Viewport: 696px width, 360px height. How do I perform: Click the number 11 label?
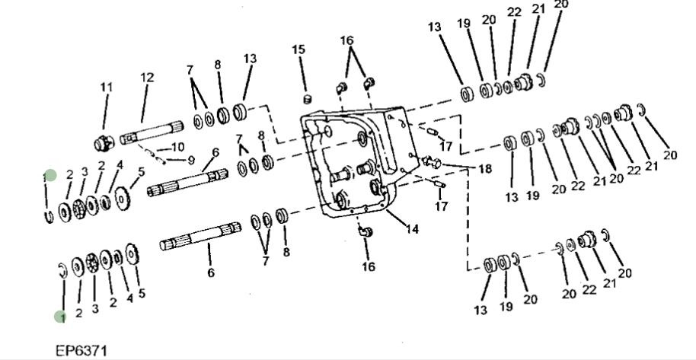106,87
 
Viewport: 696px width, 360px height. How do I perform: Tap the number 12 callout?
147,77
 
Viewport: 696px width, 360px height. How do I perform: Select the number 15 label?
299,49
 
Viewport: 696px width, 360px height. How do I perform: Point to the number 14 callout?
412,228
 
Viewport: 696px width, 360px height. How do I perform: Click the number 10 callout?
177,146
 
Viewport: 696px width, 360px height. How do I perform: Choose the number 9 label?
190,160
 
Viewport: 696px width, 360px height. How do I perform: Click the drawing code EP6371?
81,351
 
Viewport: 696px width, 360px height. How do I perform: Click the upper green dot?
49,176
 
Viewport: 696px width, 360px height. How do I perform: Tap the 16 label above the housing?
346,40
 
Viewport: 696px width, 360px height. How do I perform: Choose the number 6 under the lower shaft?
211,272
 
